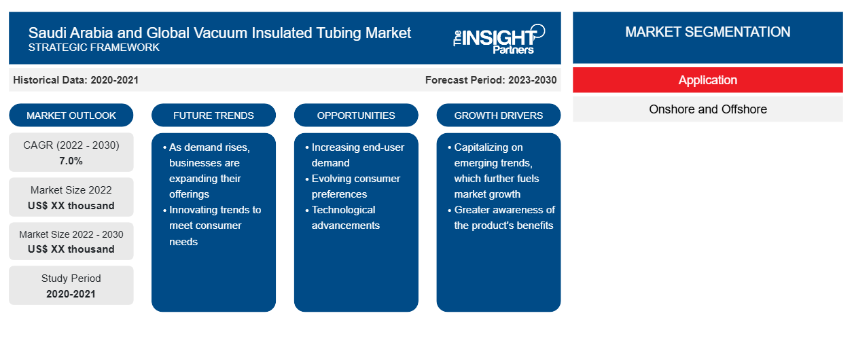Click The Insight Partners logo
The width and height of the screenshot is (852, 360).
pyautogui.click(x=499, y=39)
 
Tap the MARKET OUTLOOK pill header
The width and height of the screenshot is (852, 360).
pyautogui.click(x=71, y=115)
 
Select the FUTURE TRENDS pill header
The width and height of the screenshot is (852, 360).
pyautogui.click(x=213, y=115)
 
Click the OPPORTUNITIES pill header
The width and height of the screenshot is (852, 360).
pyautogui.click(x=356, y=115)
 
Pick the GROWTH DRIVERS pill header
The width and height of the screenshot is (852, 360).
pyautogui.click(x=498, y=115)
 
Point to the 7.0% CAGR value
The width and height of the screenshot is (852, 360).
pyautogui.click(x=71, y=161)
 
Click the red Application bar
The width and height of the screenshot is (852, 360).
pyautogui.click(x=707, y=80)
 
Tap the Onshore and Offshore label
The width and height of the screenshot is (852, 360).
pyautogui.click(x=707, y=109)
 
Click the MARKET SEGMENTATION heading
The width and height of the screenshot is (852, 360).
pyautogui.click(x=707, y=32)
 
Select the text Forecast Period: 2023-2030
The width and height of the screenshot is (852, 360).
pyautogui.click(x=491, y=80)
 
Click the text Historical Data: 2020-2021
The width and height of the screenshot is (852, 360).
pyautogui.click(x=75, y=80)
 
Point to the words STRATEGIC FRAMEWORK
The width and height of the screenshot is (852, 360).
pyautogui.click(x=94, y=48)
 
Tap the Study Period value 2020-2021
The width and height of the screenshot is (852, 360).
pyautogui.click(x=71, y=294)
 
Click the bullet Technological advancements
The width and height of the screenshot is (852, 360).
pyautogui.click(x=342, y=217)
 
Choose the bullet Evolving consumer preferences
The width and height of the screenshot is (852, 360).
pyautogui.click(x=353, y=186)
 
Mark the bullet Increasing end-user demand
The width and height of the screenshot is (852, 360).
pyautogui.click(x=355, y=155)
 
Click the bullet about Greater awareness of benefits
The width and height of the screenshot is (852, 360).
pyautogui.click(x=501, y=217)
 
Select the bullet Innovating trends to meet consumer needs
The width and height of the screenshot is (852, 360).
pyautogui.click(x=212, y=226)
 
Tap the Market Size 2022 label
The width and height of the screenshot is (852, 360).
pyautogui.click(x=71, y=190)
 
